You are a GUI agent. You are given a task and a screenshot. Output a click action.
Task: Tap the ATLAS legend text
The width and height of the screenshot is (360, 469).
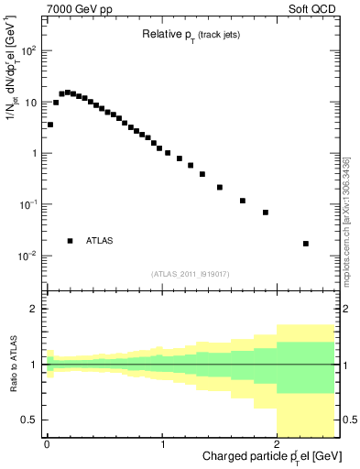[x=100, y=241]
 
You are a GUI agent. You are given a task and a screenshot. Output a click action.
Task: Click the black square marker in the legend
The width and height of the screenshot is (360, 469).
[x=70, y=241]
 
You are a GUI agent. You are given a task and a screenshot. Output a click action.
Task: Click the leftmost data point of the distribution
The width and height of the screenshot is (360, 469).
[x=50, y=125]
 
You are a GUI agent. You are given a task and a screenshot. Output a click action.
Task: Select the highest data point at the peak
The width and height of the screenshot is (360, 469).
[x=67, y=93]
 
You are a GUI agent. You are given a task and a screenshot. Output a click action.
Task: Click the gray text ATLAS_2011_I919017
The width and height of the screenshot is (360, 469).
[x=190, y=273]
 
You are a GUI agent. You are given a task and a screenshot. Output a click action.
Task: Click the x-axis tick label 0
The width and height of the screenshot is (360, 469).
[x=47, y=445]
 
